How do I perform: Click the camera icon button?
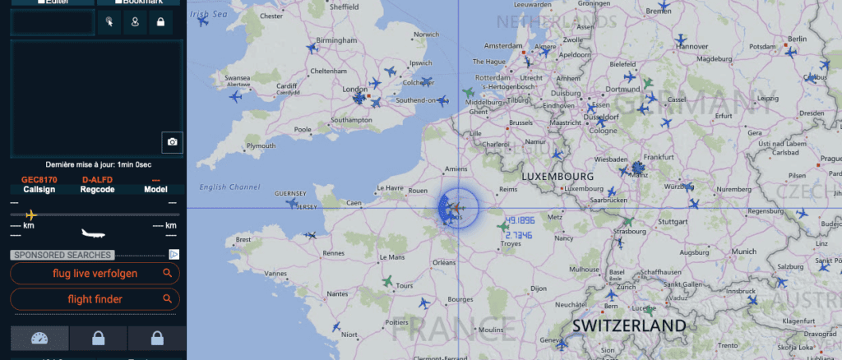pos(172,141)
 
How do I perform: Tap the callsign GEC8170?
pos(39,179)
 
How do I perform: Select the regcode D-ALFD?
pos(96,179)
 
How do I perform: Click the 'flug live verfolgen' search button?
pos(95,273)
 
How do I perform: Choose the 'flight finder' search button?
pos(95,299)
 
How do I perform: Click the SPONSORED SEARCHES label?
pos(62,255)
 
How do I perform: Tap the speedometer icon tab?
pos(39,338)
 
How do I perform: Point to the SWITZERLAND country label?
pos(629,325)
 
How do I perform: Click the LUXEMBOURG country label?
pos(557,176)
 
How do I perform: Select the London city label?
pos(354,89)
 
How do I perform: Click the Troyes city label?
pos(511,244)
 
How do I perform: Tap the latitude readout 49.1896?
pos(521,221)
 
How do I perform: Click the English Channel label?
pos(229,187)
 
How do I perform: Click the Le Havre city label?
pos(391,187)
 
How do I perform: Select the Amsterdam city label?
pos(504,45)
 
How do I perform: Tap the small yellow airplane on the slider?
pos(31,215)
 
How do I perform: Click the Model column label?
pos(155,189)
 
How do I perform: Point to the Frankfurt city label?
pos(659,156)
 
